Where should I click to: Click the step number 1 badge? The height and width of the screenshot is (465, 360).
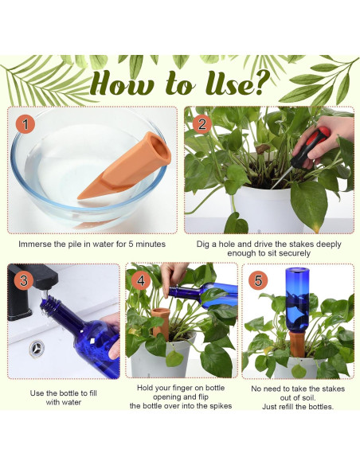[x=25, y=124]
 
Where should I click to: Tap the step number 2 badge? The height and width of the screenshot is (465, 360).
[x=202, y=124]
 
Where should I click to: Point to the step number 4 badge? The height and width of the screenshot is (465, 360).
[x=141, y=280]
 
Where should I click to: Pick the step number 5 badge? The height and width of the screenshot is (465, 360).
[x=258, y=280]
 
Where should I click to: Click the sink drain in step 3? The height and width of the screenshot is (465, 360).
[x=37, y=349]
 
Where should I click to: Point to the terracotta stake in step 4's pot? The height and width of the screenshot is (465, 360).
[x=161, y=324]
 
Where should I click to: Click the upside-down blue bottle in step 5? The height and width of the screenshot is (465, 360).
[x=297, y=299]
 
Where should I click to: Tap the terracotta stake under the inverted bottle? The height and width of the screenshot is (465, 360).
[x=297, y=344]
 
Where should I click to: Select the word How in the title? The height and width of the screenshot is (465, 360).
[x=122, y=83]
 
